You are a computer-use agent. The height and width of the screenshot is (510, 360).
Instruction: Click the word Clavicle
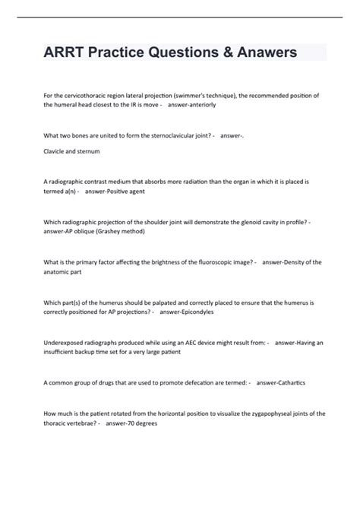(57, 150)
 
